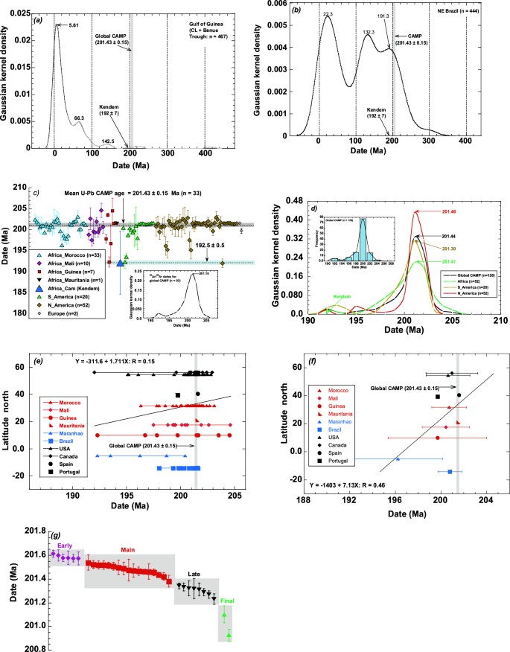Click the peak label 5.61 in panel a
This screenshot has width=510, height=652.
73,25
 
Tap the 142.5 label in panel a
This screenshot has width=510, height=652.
109,141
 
